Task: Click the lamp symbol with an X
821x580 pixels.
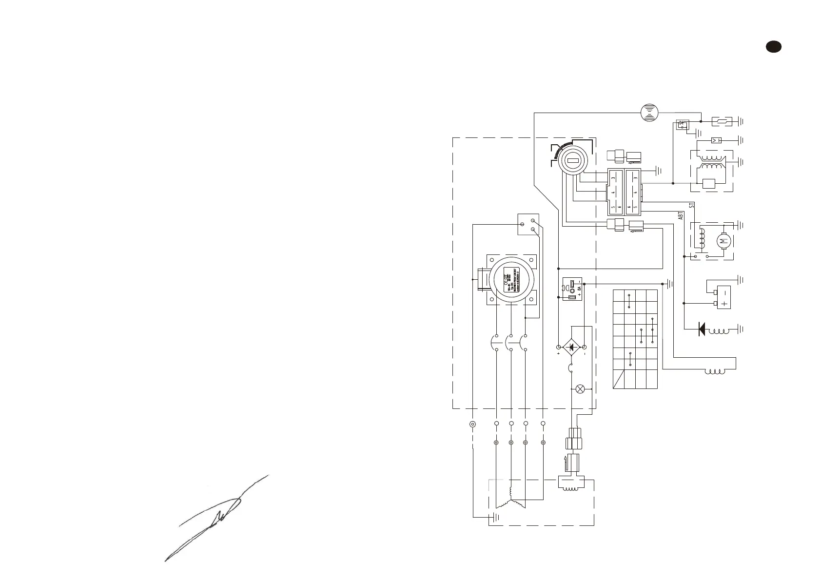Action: tap(580, 389)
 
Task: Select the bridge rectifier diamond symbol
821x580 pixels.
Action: tap(571, 347)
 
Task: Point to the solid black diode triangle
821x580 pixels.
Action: tap(702, 329)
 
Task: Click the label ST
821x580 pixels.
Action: tap(692, 205)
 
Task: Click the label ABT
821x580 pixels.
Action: tap(681, 216)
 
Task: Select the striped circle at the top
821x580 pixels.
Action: tap(649, 112)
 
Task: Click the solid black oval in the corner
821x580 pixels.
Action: tap(773, 47)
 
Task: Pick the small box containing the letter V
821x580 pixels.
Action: tap(716, 140)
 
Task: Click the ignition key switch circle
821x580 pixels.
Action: tap(573, 160)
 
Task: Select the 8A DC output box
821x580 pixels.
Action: tap(572, 289)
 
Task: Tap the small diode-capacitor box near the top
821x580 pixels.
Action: tap(683, 124)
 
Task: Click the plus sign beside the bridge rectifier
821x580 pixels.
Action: tap(558, 354)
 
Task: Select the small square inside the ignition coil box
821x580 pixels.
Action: tap(708, 184)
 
